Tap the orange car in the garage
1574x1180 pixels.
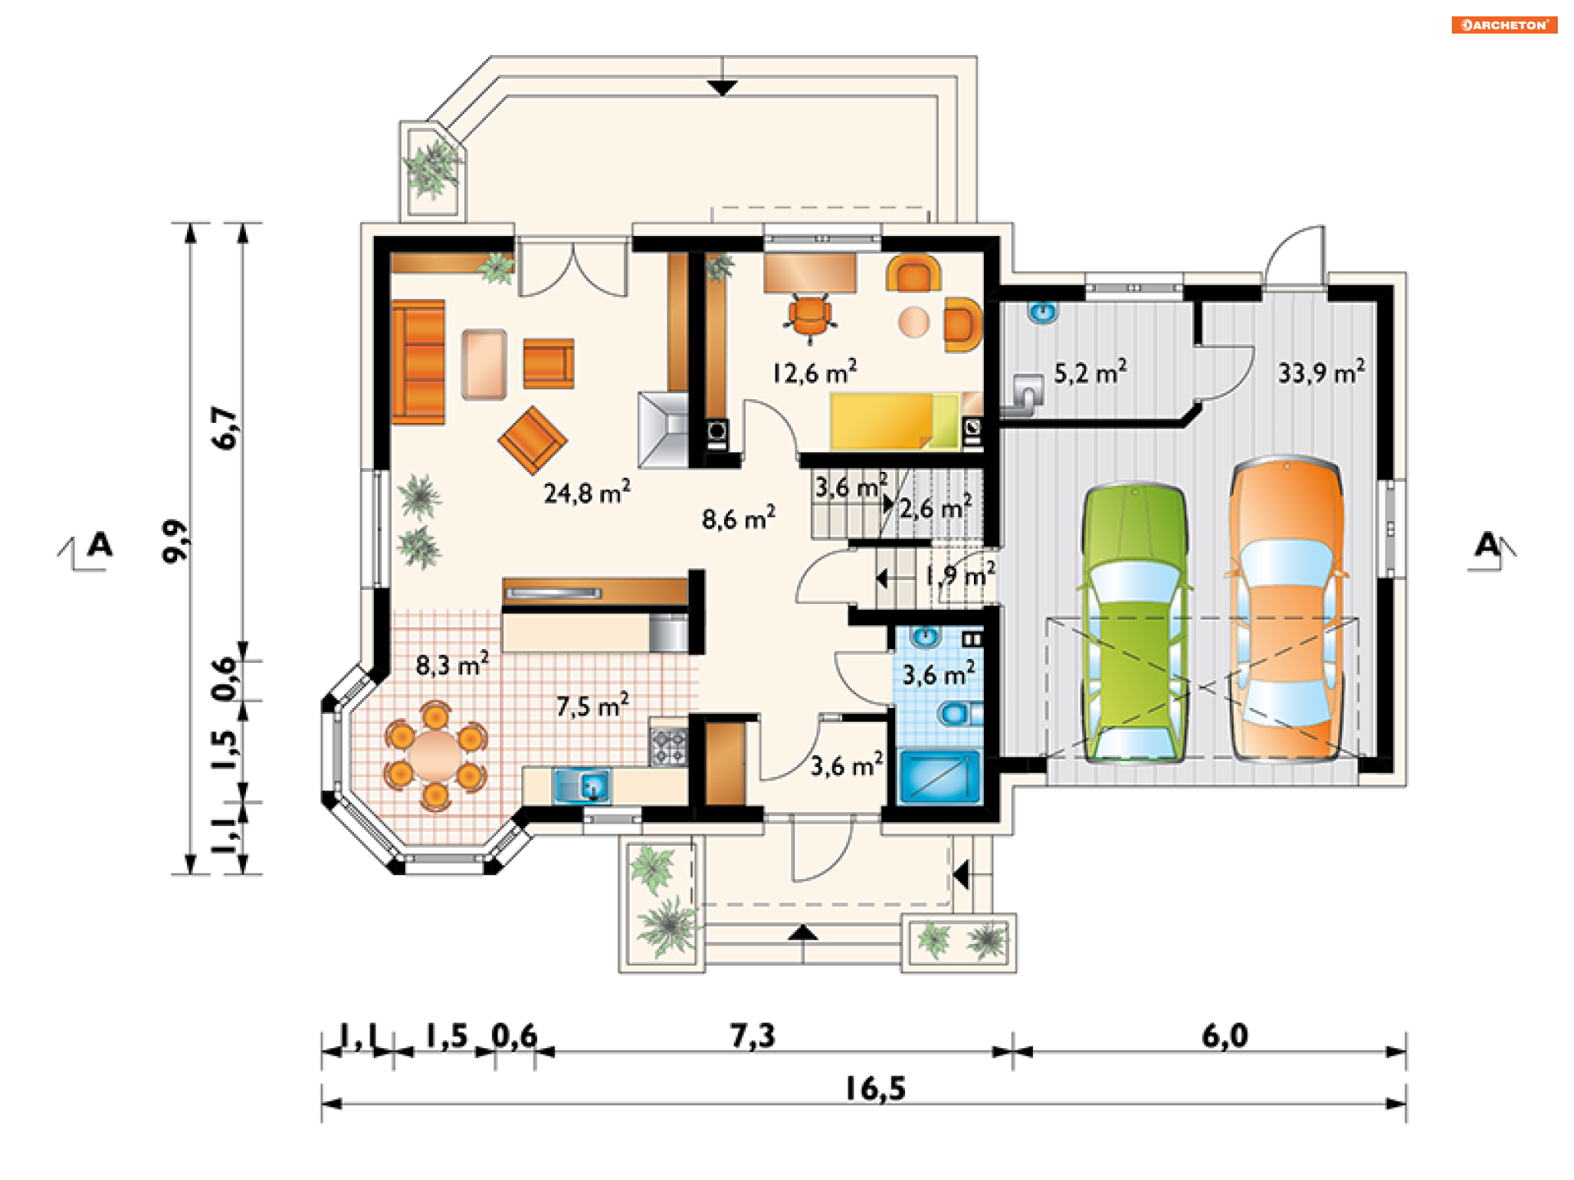coord(1285,610)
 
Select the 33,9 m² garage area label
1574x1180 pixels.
coord(1322,372)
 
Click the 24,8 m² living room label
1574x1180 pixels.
coord(587,492)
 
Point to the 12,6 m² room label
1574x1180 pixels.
coord(814,372)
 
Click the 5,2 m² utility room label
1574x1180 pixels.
coord(1090,372)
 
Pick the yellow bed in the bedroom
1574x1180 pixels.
coord(894,421)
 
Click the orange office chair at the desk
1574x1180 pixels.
coord(810,318)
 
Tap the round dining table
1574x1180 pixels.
coord(435,755)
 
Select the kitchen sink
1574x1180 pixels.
coord(581,785)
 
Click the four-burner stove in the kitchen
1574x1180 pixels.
coord(668,746)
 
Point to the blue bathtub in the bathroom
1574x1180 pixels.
coord(940,775)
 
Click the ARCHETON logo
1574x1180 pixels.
coord(1504,25)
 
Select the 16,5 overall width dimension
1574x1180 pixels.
coord(876,1089)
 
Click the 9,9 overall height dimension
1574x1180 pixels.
coord(175,541)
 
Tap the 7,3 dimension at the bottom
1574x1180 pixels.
coord(753,1036)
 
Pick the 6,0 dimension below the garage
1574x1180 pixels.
coord(1225,1036)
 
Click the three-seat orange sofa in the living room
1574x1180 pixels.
coord(418,362)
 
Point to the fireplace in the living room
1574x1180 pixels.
coord(663,429)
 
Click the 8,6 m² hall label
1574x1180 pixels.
coord(739,518)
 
